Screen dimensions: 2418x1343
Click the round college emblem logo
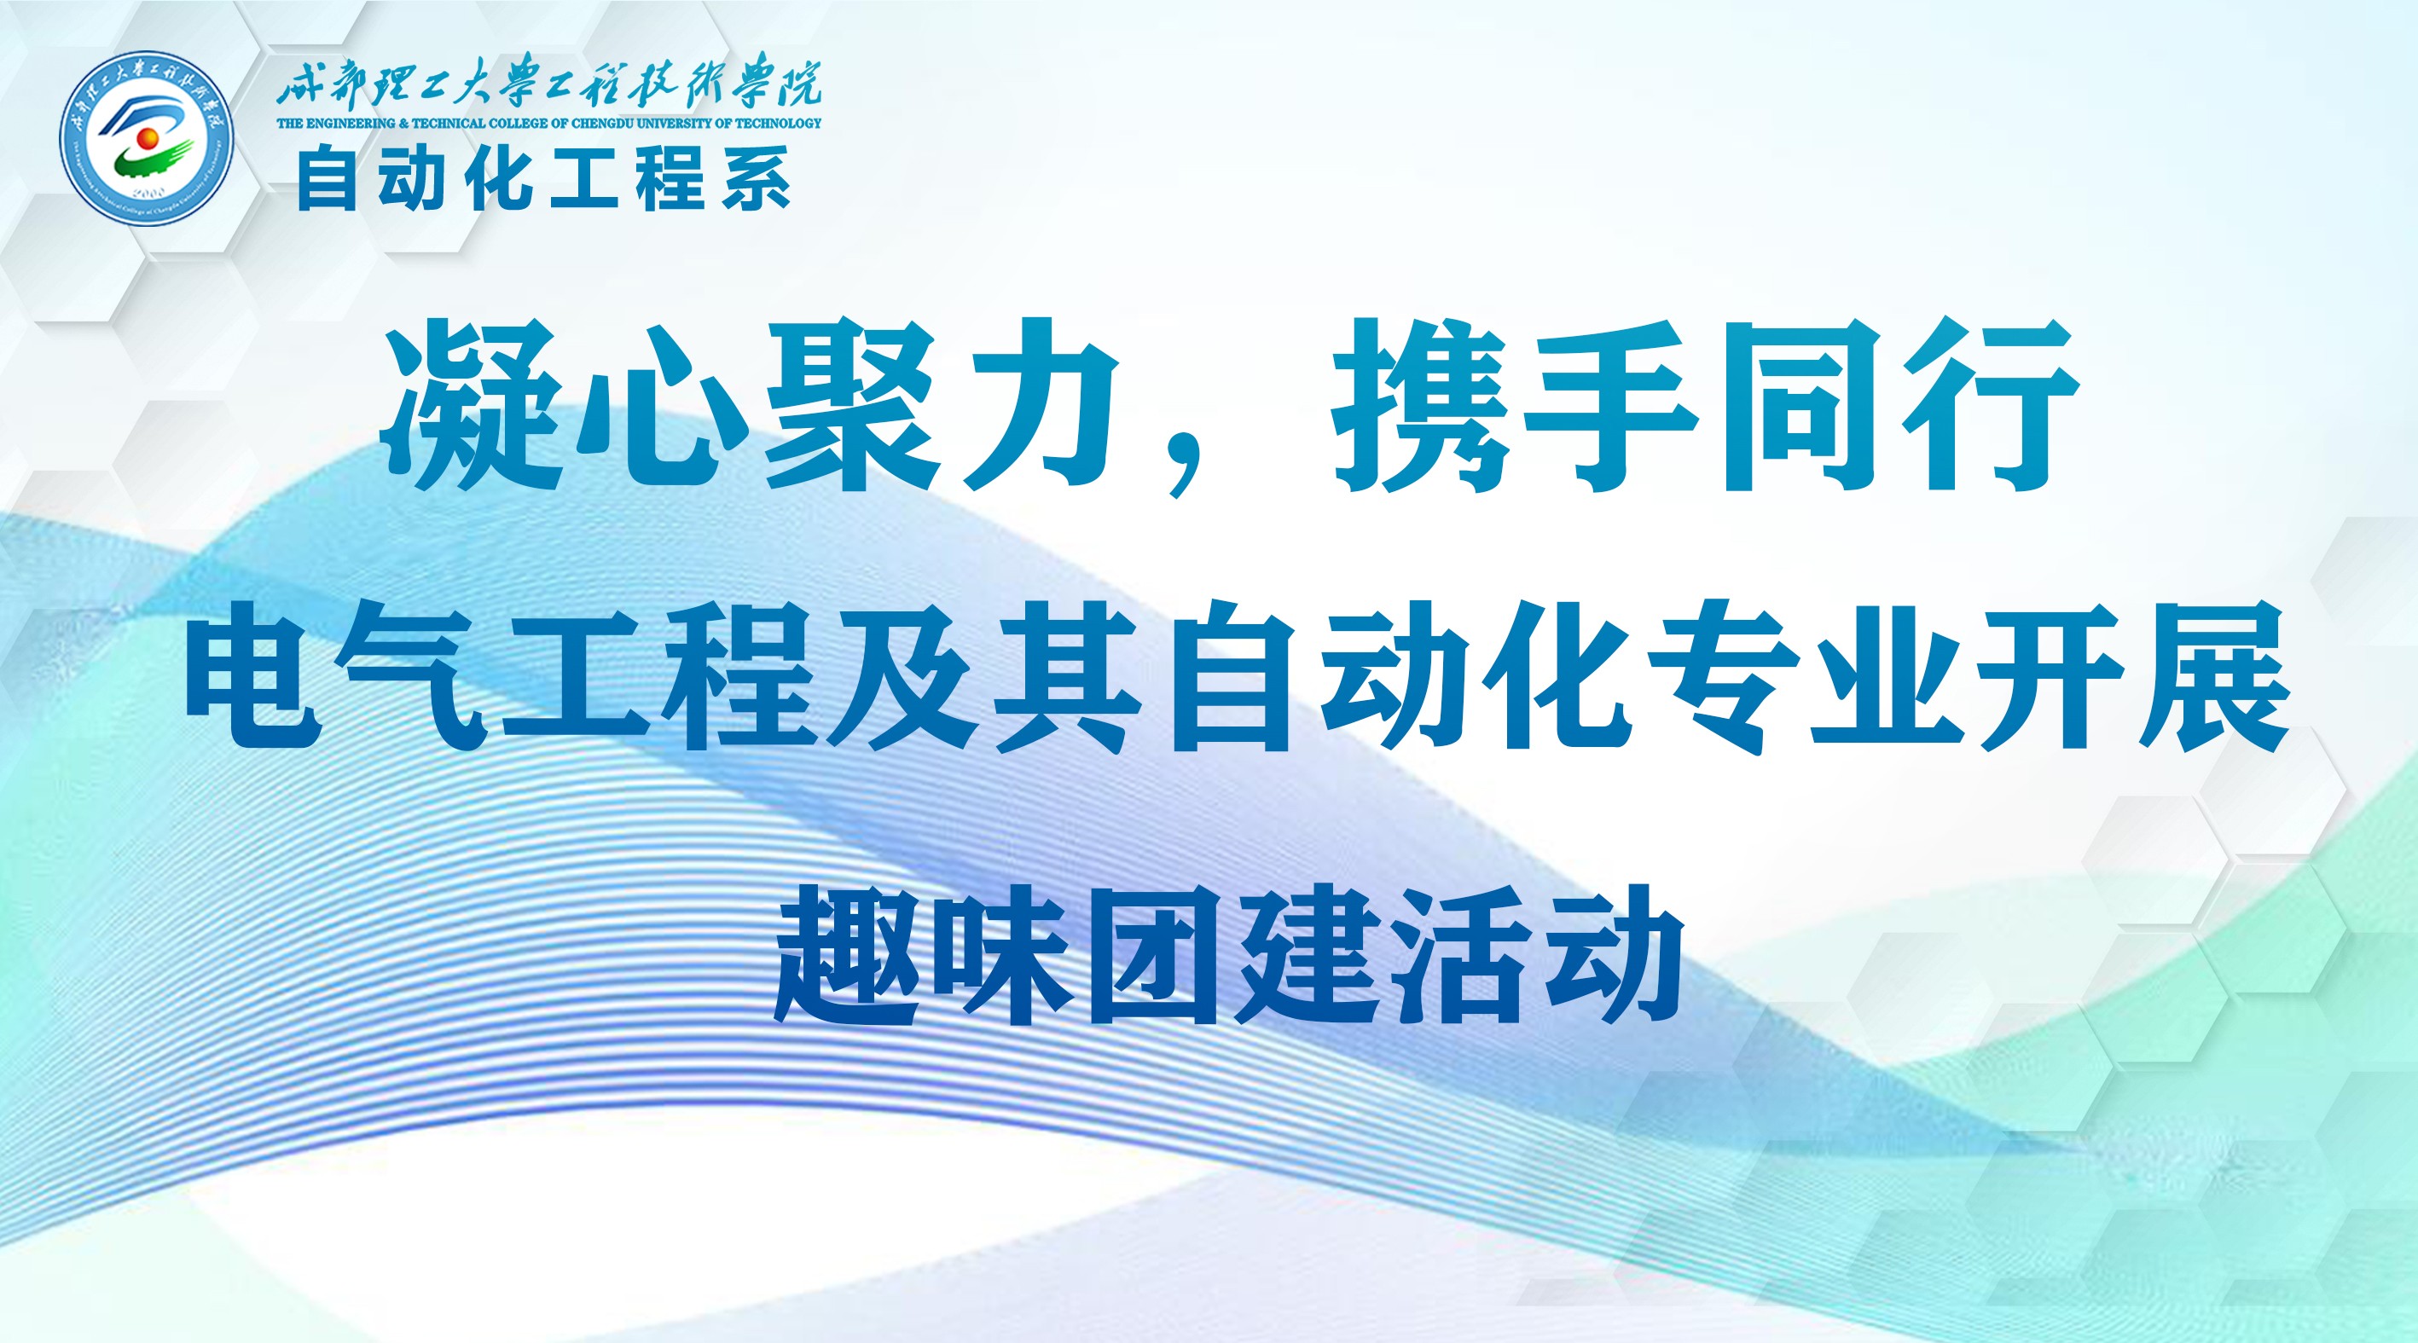tap(147, 137)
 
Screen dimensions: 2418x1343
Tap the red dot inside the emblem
tap(147, 140)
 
